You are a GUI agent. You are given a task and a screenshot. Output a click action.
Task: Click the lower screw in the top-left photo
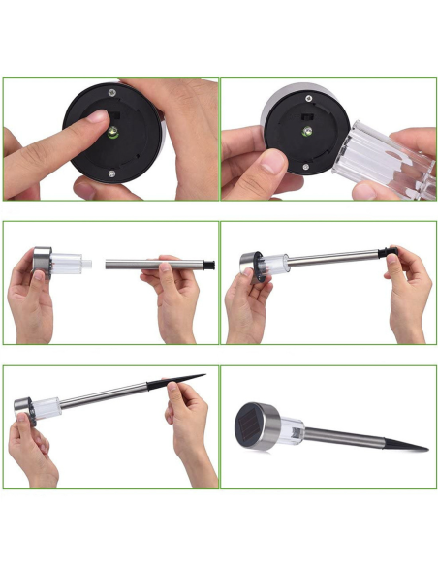[112, 174]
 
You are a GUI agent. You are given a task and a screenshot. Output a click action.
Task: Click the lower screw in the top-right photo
[307, 167]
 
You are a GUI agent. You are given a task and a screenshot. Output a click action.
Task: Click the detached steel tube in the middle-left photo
[145, 264]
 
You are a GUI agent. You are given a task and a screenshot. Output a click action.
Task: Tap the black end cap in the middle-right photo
[392, 251]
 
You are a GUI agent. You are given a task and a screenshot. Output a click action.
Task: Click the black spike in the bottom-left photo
[185, 380]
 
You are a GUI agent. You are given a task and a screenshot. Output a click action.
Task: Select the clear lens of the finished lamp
[291, 426]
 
